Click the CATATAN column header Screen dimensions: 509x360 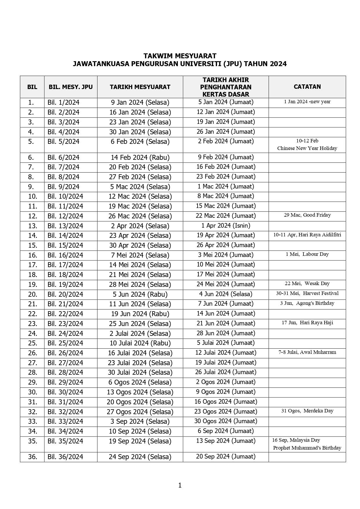click(x=307, y=87)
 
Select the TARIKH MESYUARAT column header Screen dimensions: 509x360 click(x=140, y=87)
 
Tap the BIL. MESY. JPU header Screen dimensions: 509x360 click(x=70, y=87)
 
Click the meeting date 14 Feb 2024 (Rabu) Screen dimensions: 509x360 click(x=140, y=157)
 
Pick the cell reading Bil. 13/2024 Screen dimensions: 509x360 click(x=65, y=226)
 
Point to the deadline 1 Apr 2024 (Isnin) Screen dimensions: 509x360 click(x=226, y=226)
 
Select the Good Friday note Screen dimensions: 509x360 click(x=307, y=215)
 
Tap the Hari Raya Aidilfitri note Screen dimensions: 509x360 click(x=307, y=235)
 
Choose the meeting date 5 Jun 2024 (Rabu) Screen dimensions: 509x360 click(x=140, y=294)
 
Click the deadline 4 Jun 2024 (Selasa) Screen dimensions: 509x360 click(x=226, y=294)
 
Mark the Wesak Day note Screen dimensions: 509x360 click(x=307, y=284)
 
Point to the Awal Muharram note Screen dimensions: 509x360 click(x=307, y=352)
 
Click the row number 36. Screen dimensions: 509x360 click(x=32, y=457)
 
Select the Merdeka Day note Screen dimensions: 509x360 click(x=307, y=411)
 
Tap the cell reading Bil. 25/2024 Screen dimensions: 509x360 click(x=65, y=343)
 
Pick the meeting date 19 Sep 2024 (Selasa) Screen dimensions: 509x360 click(x=140, y=441)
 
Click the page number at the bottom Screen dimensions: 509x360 click(x=180, y=485)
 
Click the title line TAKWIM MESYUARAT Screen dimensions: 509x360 click(x=180, y=56)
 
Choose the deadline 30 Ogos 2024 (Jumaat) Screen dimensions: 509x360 click(x=226, y=421)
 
